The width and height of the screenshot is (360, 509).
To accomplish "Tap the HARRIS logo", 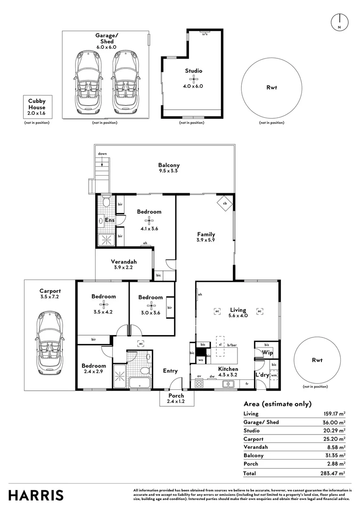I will click(x=36, y=495).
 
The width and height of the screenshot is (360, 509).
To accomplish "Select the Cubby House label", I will click(x=36, y=103).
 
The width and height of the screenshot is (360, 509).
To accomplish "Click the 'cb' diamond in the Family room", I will click(x=225, y=204).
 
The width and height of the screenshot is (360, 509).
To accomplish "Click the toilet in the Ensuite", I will click(x=106, y=203).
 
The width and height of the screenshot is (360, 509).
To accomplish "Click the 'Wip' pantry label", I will click(x=268, y=353).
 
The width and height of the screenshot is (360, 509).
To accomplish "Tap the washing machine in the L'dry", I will click(x=274, y=375).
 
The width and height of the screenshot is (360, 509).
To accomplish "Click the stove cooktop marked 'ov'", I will click(x=199, y=384).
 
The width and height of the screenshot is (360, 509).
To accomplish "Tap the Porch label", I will click(x=176, y=395).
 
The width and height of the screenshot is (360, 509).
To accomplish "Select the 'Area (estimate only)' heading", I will click(x=278, y=404).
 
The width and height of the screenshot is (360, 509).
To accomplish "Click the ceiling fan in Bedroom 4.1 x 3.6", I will click(x=149, y=220).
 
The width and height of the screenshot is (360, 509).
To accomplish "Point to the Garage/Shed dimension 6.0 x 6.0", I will click(x=106, y=47).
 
